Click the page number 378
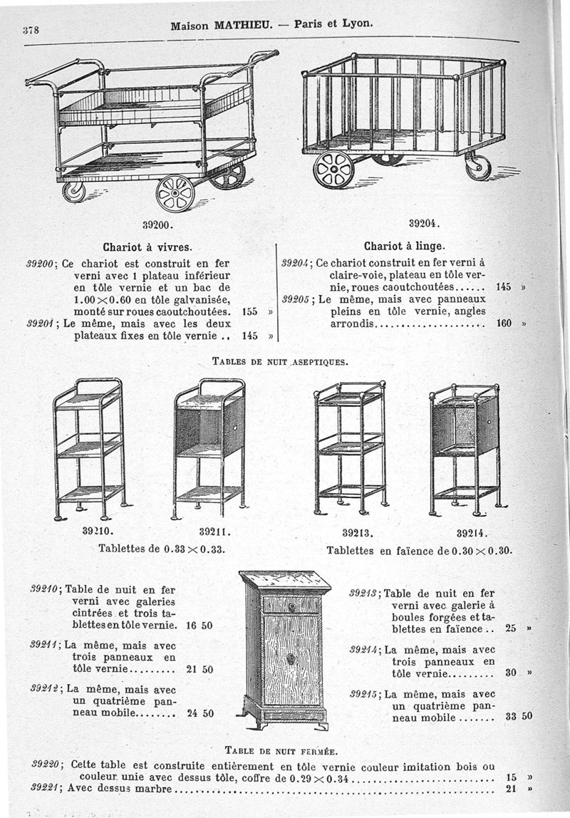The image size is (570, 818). [x=30, y=30]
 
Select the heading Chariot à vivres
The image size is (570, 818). [x=147, y=248]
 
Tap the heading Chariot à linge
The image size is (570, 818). [x=404, y=247]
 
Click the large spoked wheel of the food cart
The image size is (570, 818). [x=175, y=193]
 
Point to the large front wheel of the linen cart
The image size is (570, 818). [x=333, y=170]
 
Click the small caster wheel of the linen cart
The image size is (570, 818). [x=477, y=167]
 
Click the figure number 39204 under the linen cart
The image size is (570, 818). [x=428, y=222]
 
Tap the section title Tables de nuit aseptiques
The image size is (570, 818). [x=280, y=361]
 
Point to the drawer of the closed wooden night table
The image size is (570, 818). [x=291, y=605]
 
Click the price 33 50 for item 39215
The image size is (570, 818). [x=519, y=716]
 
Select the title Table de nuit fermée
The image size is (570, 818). [x=281, y=750]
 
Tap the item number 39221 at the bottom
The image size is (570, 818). [x=46, y=788]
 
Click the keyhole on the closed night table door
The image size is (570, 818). [x=291, y=659]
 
